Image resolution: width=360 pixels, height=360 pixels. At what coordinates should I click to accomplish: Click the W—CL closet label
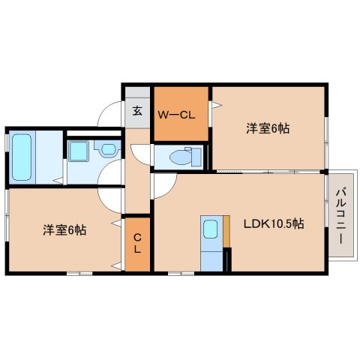(x=176, y=115)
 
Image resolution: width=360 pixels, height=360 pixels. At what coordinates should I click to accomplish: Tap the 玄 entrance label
(x=137, y=110)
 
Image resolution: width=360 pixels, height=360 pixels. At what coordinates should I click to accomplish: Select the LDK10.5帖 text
(x=274, y=223)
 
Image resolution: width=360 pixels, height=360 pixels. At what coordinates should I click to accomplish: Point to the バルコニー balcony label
(x=340, y=215)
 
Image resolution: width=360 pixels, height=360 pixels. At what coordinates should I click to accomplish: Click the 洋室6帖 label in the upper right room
(x=268, y=128)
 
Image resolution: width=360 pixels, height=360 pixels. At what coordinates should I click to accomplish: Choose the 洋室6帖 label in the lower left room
(x=64, y=230)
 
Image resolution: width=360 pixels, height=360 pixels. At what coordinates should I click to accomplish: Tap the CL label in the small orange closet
(x=137, y=243)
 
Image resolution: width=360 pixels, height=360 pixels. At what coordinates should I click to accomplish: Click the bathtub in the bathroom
(x=22, y=157)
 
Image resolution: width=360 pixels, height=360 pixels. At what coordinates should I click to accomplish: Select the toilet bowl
(x=181, y=157)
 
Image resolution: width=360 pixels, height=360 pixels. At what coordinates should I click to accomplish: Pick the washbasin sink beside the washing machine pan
(x=108, y=149)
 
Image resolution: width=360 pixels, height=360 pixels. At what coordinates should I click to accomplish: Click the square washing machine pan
(x=79, y=151)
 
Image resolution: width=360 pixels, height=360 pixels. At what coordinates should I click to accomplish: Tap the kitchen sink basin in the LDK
(x=210, y=229)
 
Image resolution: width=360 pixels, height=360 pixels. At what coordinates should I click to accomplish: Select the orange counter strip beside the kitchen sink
(x=226, y=232)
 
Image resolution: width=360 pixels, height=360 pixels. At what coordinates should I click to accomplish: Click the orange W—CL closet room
(x=181, y=114)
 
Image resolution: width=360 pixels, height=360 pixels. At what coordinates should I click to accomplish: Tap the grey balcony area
(x=341, y=215)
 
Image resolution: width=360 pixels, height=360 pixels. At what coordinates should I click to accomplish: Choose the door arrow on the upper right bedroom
(x=217, y=105)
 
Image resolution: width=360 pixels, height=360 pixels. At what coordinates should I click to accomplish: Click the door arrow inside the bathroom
(x=58, y=181)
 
